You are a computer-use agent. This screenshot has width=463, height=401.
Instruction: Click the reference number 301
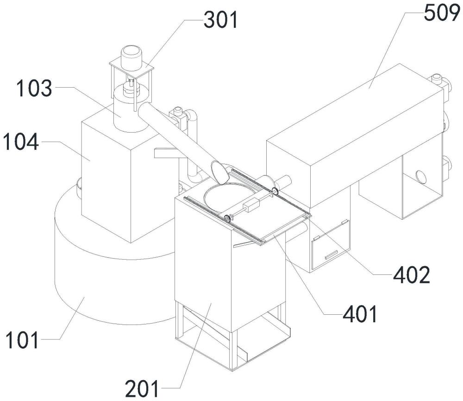click(221, 20)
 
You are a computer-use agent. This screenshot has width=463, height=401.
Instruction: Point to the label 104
click(21, 142)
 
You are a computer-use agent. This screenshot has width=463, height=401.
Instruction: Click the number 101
click(22, 340)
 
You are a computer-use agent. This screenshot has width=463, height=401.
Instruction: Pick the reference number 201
click(142, 388)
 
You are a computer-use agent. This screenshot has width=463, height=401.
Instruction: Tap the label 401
click(360, 314)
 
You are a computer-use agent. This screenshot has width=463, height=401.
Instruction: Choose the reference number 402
click(411, 275)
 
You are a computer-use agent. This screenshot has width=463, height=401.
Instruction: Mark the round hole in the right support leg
click(421, 177)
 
